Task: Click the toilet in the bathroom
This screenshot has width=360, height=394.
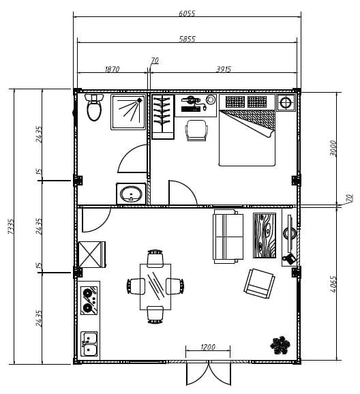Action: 94,107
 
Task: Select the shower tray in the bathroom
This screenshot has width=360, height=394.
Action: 128,112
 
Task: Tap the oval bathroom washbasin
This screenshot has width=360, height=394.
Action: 131,194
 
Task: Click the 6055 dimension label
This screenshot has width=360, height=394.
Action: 187,13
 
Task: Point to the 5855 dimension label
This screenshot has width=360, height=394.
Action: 187,39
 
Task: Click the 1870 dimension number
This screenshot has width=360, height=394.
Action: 112,69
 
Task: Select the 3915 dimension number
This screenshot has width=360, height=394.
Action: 224,69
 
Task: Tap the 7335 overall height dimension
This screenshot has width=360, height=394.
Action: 10,226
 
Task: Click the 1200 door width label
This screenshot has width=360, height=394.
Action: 208,347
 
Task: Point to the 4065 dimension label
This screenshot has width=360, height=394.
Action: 333,284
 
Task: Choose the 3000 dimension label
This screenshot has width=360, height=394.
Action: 333,148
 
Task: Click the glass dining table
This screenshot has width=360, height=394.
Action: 155,287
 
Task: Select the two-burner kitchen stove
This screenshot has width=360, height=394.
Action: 89,301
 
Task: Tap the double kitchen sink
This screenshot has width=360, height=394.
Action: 89,344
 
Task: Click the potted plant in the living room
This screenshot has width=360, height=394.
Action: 280,345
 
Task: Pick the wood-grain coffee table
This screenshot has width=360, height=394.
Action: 265,235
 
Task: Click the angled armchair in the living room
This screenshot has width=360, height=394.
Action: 259,284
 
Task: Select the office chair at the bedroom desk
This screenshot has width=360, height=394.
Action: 196,130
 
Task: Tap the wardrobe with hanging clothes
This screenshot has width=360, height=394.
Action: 163,117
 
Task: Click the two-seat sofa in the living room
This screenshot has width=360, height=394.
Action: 228,237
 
